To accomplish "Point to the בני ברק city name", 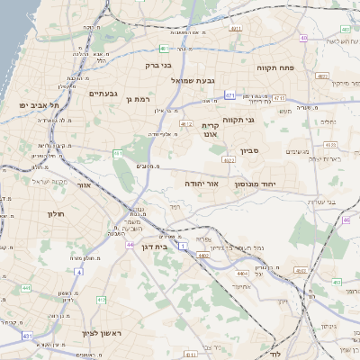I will point(158,65).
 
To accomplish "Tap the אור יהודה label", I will point(202,183).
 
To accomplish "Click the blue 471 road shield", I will point(230,94).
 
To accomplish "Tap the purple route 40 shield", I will point(304,38).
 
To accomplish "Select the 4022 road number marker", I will point(228,160).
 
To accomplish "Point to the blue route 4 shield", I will point(78,271).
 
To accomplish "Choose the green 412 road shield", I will point(101,300).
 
